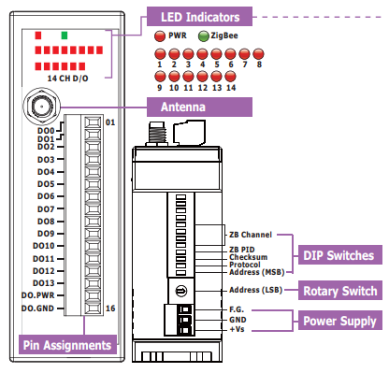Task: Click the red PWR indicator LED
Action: click(160, 36)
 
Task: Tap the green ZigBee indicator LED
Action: click(204, 36)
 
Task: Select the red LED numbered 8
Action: click(258, 54)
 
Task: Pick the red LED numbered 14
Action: click(230, 77)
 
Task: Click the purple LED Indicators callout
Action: click(199, 17)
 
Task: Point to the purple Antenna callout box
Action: click(199, 107)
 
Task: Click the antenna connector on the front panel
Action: click(41, 107)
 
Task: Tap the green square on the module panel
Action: click(65, 36)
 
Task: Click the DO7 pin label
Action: click(46, 208)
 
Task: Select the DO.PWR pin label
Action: click(37, 295)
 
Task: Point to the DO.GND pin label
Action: click(37, 308)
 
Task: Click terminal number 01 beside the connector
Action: click(110, 122)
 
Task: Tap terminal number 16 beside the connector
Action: click(110, 308)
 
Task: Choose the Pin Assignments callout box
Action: click(67, 345)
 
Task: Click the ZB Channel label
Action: click(251, 235)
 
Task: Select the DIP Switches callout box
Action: click(340, 255)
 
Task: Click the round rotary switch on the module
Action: click(181, 292)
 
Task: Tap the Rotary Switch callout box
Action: click(340, 291)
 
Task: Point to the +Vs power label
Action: click(237, 329)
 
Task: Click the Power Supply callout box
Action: click(339, 321)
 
